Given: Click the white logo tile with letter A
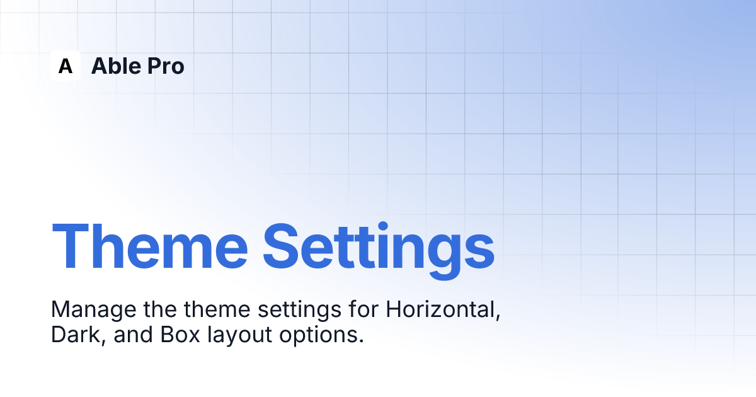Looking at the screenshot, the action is click(x=66, y=66).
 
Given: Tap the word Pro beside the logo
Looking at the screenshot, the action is click(x=166, y=66).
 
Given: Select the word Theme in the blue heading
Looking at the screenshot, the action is click(x=150, y=246).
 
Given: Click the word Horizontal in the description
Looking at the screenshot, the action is click(x=443, y=309).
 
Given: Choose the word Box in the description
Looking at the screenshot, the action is click(x=180, y=335).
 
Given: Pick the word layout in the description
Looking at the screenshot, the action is click(x=239, y=335).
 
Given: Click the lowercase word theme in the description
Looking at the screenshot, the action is click(x=217, y=309).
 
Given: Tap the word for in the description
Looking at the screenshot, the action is click(x=364, y=309).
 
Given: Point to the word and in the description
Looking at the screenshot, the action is click(x=133, y=335).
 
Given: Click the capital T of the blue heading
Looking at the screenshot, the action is click(x=70, y=246).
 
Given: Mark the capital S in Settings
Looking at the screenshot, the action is click(x=281, y=246).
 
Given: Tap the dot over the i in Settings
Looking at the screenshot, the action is click(x=383, y=226).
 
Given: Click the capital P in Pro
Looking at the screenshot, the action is click(x=154, y=66).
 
